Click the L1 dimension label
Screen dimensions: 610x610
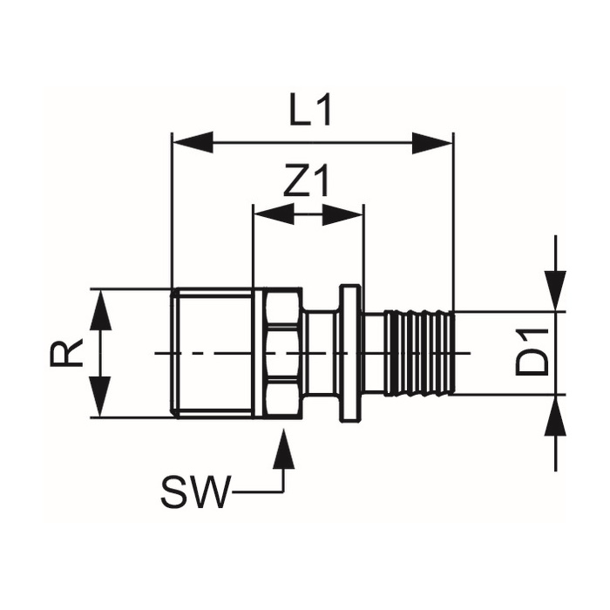(x=311, y=112)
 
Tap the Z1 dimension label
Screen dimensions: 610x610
(x=308, y=182)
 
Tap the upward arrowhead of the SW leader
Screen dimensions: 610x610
(x=281, y=447)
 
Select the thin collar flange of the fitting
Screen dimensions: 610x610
(x=350, y=352)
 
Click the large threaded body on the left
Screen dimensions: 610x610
(x=213, y=352)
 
